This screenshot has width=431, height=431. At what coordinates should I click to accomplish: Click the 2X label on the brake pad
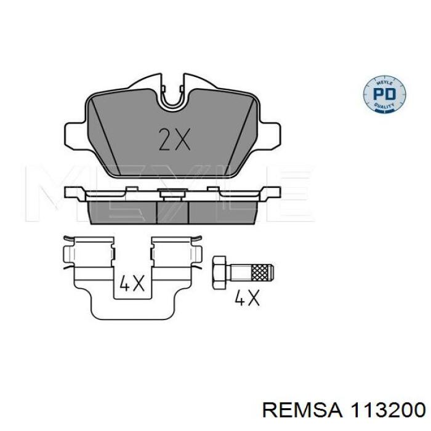tap(174, 140)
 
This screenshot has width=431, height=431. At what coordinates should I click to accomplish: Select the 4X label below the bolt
tap(248, 299)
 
